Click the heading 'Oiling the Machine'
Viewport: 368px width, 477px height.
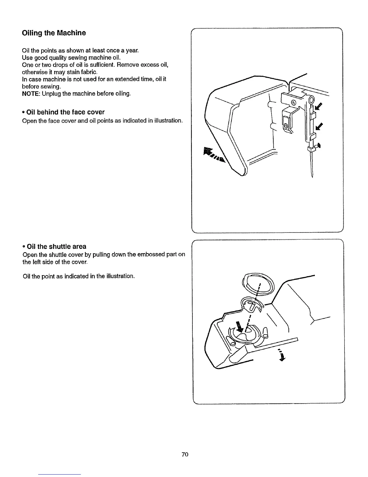54,33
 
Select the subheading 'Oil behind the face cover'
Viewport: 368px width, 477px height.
65,112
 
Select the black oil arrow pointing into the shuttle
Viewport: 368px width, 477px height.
239,326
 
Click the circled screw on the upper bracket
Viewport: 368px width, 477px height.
294,103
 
